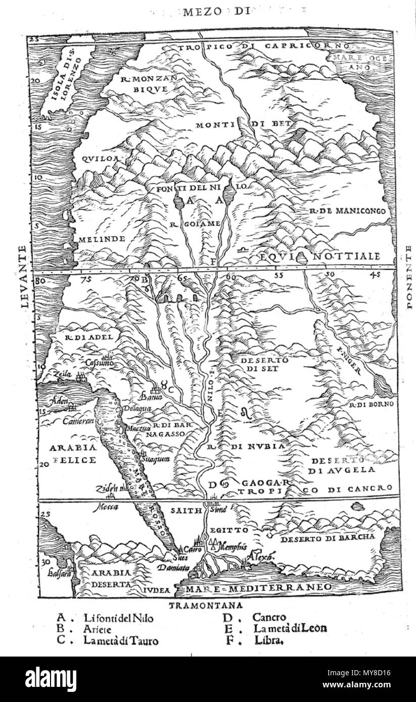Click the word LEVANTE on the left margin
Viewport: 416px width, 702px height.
tap(21, 276)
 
